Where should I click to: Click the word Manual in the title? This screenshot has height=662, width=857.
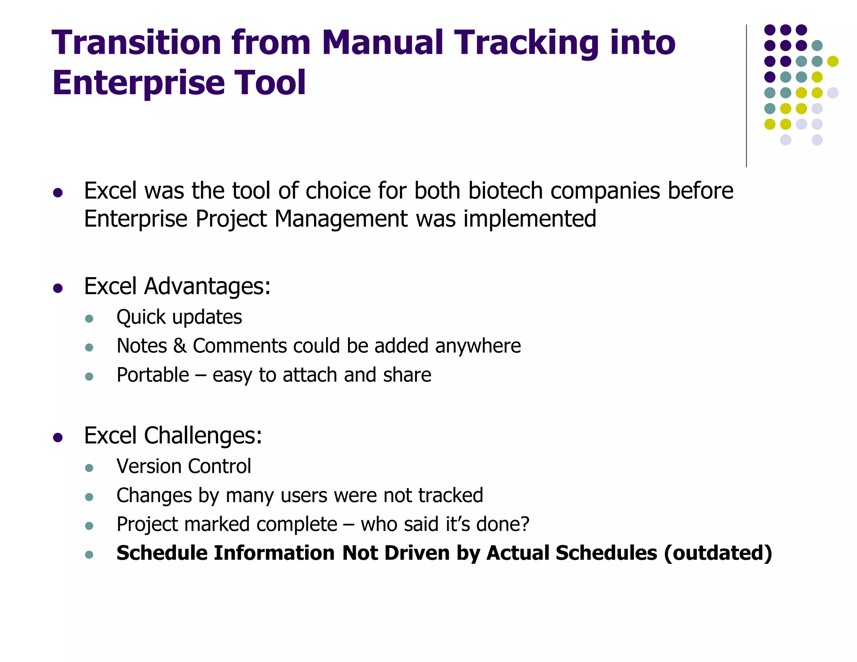pyautogui.click(x=382, y=43)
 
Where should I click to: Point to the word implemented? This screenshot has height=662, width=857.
pyautogui.click(x=530, y=219)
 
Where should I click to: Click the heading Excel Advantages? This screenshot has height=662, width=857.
pyautogui.click(x=177, y=287)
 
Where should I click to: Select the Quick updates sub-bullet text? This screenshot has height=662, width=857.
pyautogui.click(x=179, y=317)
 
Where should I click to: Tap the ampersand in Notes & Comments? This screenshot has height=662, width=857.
pyautogui.click(x=180, y=346)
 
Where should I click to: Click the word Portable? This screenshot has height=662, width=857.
pyautogui.click(x=153, y=375)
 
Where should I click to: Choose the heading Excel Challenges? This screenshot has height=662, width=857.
pyautogui.click(x=173, y=436)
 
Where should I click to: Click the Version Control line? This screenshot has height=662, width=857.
pyautogui.click(x=184, y=466)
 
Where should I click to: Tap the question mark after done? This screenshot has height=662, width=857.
pyautogui.click(x=525, y=524)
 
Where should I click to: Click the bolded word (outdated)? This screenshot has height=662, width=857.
pyautogui.click(x=718, y=553)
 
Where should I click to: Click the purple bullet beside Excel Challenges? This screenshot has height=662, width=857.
pyautogui.click(x=58, y=438)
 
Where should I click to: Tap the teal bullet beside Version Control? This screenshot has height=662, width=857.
pyautogui.click(x=89, y=468)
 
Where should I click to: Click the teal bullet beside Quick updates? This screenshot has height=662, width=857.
pyautogui.click(x=89, y=319)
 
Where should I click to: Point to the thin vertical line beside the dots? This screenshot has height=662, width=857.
pyautogui.click(x=746, y=96)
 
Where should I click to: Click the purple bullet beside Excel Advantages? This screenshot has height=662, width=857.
pyautogui.click(x=58, y=288)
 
